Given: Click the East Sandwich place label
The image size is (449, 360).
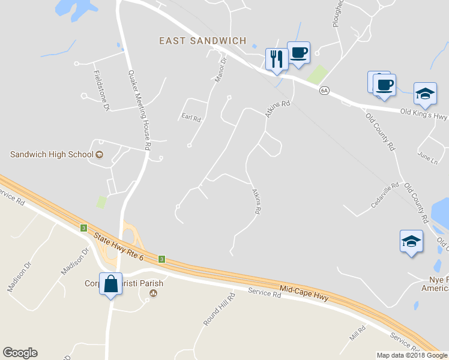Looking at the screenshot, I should click(x=202, y=41).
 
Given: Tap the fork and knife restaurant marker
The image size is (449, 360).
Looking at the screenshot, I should click(x=276, y=59).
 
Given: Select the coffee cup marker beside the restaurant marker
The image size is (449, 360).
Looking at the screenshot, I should click(x=299, y=53).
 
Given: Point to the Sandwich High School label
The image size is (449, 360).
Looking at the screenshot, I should click(x=52, y=154).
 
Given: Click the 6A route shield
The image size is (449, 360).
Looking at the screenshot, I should click(x=324, y=91).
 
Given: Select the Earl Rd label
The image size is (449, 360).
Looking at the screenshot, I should click(x=191, y=118).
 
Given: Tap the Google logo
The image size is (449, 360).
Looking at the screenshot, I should click(x=20, y=353).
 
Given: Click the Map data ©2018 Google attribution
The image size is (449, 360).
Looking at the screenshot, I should click(x=411, y=355).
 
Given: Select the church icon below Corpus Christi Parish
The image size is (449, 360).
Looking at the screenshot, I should click(x=152, y=293).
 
